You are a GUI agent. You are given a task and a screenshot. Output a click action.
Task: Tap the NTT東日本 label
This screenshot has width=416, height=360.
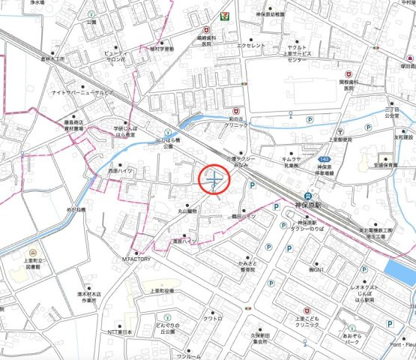click(x=120, y=331)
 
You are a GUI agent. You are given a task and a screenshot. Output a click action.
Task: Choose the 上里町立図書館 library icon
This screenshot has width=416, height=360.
click(x=33, y=253)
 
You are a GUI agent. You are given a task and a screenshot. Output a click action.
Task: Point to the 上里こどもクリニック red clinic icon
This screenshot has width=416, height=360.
click(x=305, y=310)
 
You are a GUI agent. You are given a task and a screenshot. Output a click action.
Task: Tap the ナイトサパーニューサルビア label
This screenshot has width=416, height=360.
click(x=82, y=92)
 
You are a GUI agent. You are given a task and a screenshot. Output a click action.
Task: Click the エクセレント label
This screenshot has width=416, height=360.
click(x=251, y=46)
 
